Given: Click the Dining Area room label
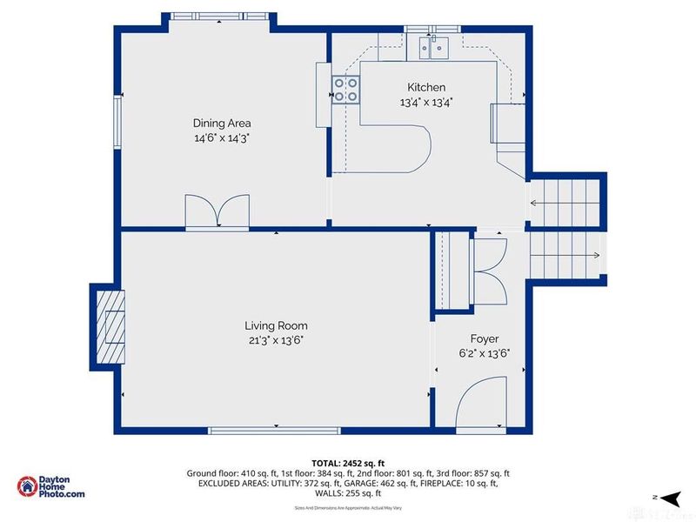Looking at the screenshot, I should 222,123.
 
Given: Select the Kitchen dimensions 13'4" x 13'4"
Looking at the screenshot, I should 426,103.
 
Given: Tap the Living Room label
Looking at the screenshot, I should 275,325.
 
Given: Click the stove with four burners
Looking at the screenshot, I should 345,88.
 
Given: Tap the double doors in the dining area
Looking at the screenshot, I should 217,211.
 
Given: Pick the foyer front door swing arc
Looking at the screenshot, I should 482,399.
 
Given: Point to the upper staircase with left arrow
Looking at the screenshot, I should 566,203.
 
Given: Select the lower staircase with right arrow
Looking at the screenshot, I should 566,255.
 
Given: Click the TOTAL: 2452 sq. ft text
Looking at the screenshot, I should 347,462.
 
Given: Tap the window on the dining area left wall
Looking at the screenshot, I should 117,122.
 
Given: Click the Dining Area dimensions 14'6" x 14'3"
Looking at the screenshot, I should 222,137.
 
